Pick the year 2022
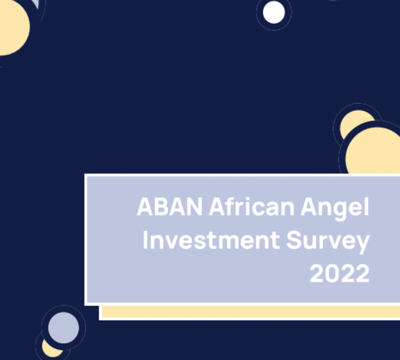339,274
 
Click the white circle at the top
274,13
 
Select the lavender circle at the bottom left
63,327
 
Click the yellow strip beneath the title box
251,312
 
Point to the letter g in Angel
346,209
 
